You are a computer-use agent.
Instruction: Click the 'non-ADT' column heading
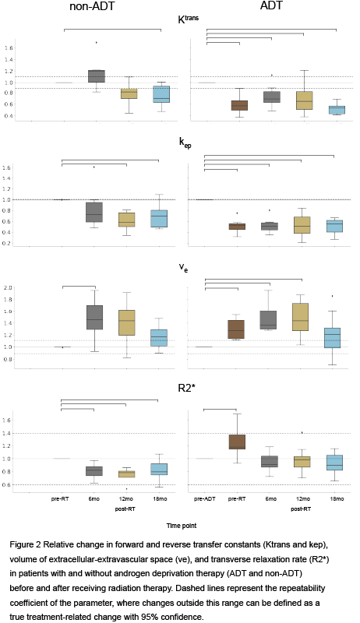click(x=92, y=6)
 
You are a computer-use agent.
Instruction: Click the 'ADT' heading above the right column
click(x=271, y=5)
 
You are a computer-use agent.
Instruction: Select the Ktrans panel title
click(x=188, y=19)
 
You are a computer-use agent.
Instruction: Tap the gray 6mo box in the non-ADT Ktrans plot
click(x=97, y=76)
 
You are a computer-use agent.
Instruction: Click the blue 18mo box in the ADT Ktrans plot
click(x=337, y=110)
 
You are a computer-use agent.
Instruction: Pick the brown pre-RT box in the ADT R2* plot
click(x=237, y=442)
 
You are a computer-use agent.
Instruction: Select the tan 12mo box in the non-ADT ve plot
click(x=126, y=322)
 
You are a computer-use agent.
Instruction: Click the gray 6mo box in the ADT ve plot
click(x=270, y=320)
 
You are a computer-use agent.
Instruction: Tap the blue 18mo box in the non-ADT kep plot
click(x=159, y=219)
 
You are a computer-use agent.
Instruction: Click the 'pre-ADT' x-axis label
click(x=205, y=499)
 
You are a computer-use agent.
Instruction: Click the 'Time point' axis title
click(x=182, y=526)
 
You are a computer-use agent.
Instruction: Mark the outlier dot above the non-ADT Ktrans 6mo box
click(x=97, y=42)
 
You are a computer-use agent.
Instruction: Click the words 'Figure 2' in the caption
click(x=25, y=544)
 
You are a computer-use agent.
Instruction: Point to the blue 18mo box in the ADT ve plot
click(x=332, y=338)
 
